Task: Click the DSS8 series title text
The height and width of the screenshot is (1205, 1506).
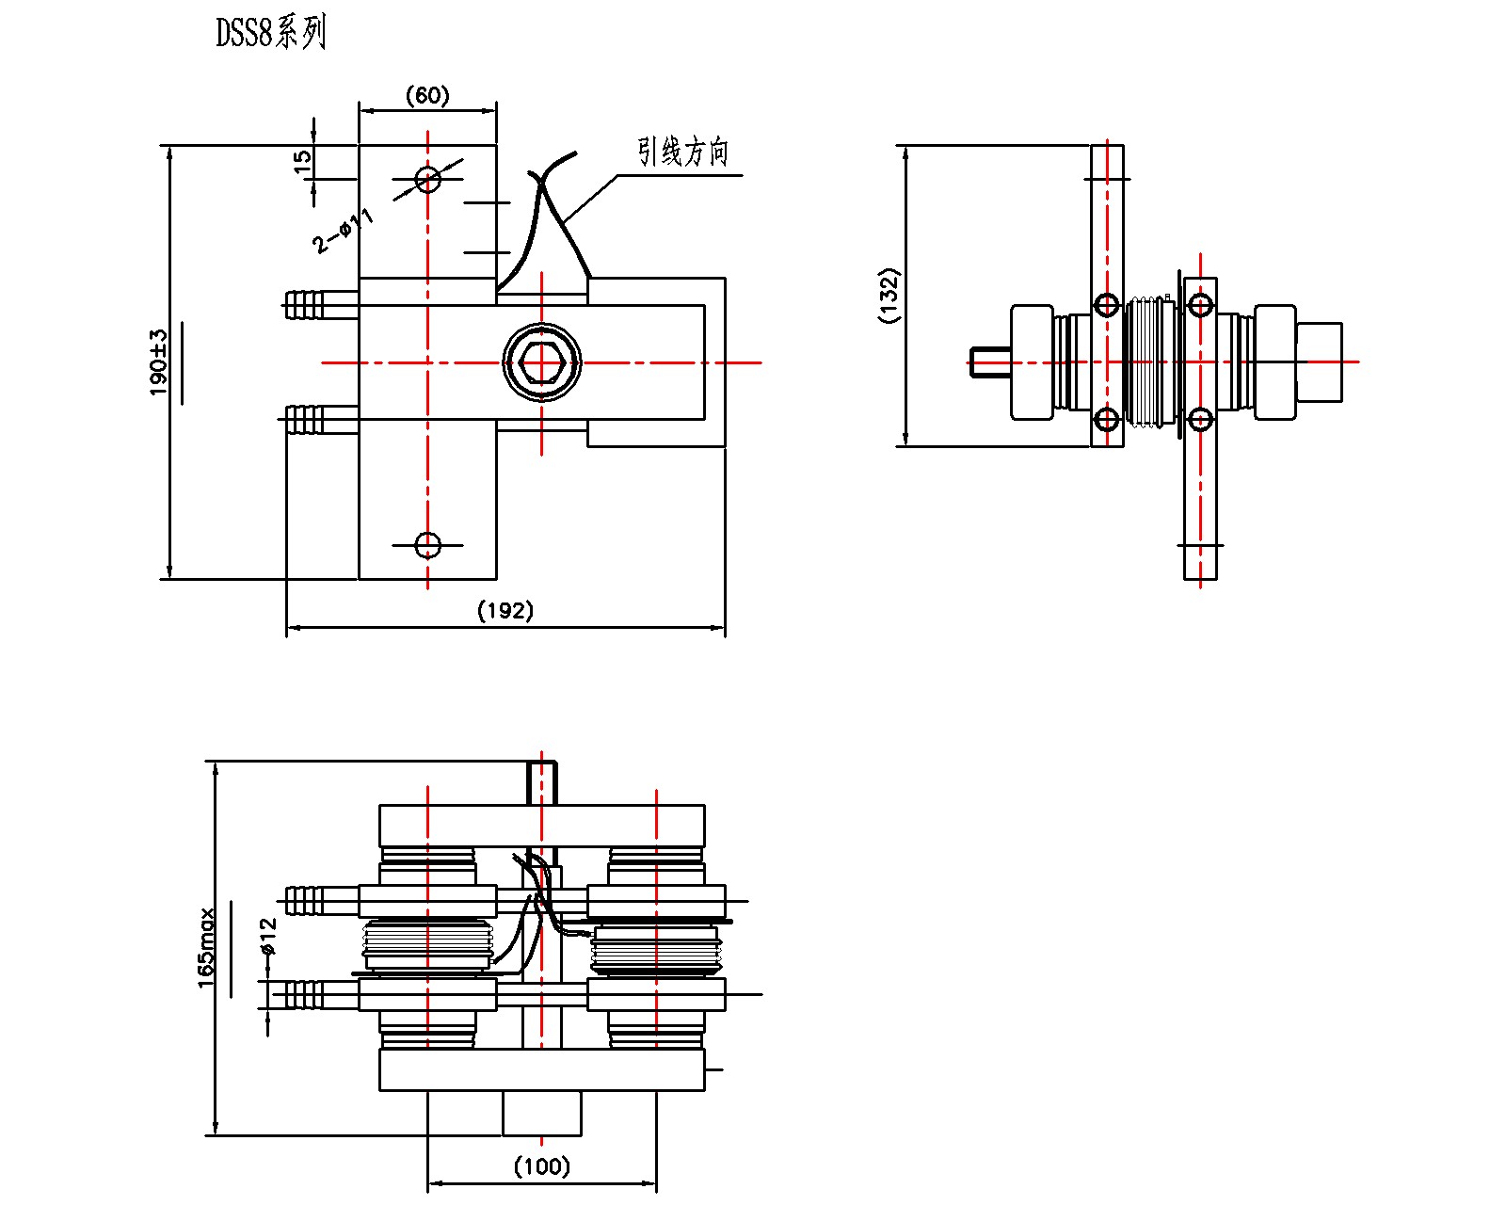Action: click(271, 33)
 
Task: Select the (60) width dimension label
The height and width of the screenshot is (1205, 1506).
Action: click(427, 95)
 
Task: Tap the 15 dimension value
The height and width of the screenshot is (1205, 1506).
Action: click(301, 162)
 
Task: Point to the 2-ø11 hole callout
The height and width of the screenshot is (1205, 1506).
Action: click(343, 231)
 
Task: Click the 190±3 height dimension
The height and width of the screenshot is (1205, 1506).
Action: click(159, 362)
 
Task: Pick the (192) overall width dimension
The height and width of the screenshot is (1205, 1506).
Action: click(505, 611)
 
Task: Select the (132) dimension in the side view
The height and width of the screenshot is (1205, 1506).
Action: click(888, 295)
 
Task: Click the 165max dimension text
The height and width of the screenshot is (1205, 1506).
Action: click(206, 948)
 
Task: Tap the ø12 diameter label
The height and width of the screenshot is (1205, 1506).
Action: click(268, 937)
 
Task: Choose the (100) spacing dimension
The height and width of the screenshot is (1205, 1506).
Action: click(541, 1165)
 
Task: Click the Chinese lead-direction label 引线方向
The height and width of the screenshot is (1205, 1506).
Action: click(683, 152)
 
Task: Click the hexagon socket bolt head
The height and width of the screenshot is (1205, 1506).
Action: click(541, 362)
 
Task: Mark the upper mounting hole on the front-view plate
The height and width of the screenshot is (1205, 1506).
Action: click(427, 179)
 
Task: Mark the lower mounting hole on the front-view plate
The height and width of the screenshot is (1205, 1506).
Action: click(427, 545)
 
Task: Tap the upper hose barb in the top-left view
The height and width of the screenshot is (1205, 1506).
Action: click(304, 305)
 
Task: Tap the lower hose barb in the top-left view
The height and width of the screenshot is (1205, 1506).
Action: click(304, 420)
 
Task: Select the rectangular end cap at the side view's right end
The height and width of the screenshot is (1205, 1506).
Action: click(1319, 362)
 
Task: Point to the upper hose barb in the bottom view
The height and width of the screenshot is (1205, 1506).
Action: click(304, 901)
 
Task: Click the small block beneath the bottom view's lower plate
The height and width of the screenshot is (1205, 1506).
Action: click(541, 1114)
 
